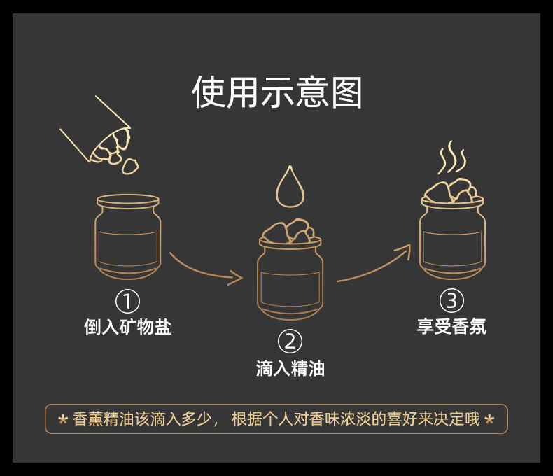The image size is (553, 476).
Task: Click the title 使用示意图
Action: point(277,93)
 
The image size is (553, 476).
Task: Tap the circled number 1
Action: point(127,302)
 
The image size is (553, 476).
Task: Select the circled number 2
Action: point(290,342)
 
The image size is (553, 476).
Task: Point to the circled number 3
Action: point(451,301)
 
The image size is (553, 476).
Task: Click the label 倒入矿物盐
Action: point(127,326)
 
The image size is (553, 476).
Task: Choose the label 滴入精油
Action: point(290,367)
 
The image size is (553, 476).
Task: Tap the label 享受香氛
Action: point(451,326)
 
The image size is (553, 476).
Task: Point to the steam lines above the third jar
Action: point(451,160)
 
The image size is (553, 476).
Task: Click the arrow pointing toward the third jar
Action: point(374,265)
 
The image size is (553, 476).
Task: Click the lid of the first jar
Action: point(127,199)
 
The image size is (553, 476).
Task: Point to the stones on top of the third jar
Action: point(451,190)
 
